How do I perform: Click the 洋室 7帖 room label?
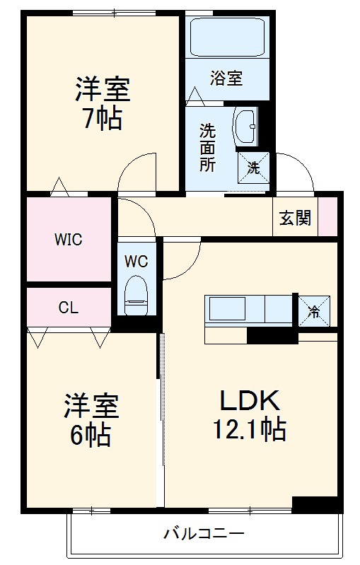point(103,105)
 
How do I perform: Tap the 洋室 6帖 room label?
point(91,420)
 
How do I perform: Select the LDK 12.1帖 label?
point(250,415)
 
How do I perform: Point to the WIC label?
point(69,240)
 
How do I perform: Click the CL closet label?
point(68,307)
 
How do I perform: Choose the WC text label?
point(136,261)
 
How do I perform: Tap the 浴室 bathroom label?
point(226,78)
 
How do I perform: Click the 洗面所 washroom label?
point(207,148)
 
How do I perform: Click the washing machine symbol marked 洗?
point(253,168)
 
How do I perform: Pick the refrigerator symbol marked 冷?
point(312,309)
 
